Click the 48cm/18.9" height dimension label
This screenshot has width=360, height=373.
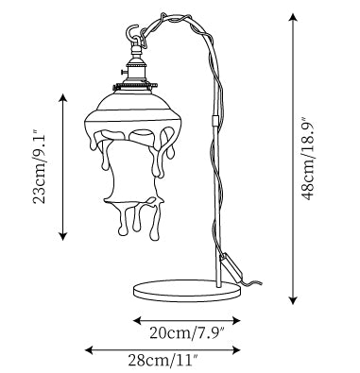coord(308,159)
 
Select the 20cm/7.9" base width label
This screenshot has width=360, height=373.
coord(186,333)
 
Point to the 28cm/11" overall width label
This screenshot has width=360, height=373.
coord(163,360)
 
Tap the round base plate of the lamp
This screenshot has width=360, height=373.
coord(187,291)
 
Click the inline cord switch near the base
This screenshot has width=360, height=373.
coord(231,265)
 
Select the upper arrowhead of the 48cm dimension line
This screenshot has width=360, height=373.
coord(294,18)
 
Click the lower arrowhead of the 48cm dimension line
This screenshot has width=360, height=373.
coord(294,300)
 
